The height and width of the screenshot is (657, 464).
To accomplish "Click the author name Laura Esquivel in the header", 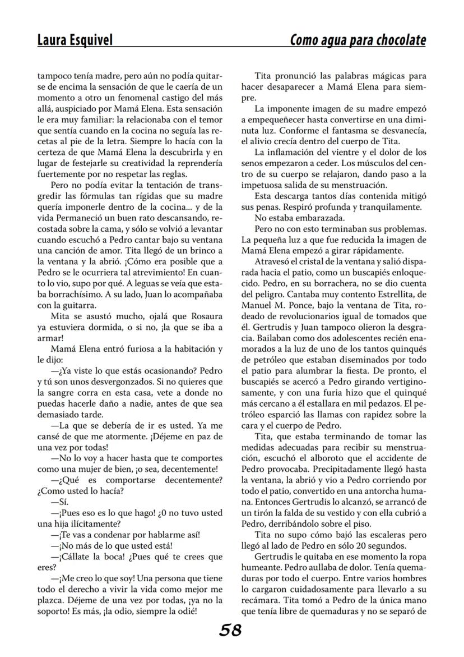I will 75,40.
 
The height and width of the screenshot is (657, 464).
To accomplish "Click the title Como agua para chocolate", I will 358,40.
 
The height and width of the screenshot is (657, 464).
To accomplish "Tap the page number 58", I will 230,630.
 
